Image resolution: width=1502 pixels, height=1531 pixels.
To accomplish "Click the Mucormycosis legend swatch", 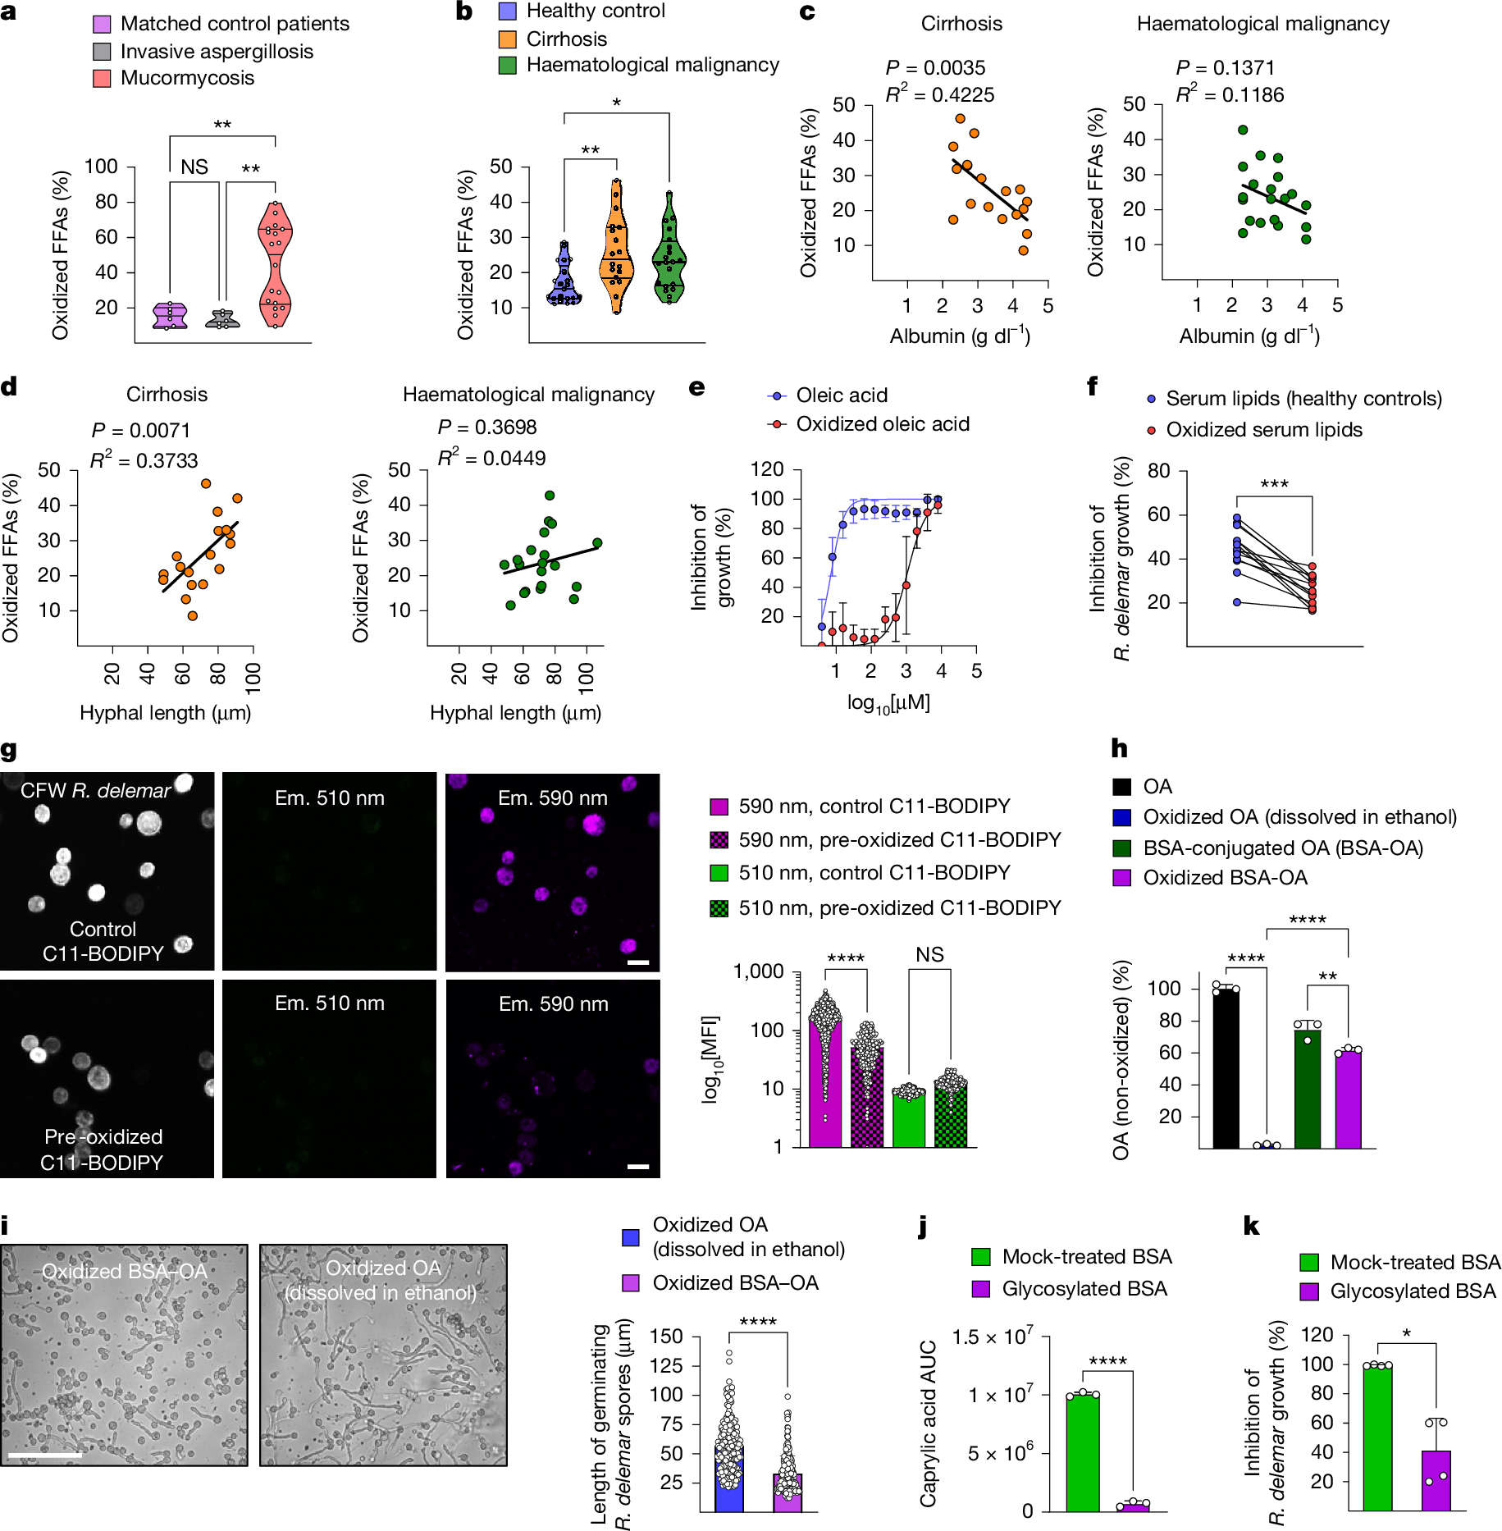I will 102,78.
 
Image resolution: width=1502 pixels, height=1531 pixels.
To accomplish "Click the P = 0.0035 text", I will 935,67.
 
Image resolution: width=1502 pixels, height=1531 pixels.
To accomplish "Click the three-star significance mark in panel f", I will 1274,484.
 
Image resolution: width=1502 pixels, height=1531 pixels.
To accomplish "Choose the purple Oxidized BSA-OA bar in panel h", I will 1348,1099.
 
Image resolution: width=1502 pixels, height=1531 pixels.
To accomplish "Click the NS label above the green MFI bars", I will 929,954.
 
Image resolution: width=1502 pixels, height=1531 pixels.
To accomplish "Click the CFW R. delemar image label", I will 95,791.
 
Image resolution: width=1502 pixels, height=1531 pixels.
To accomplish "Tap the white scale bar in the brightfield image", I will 45,1455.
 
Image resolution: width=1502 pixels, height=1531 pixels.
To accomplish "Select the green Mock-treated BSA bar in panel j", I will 1082,1451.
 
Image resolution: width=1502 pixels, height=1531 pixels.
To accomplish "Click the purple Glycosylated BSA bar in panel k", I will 1436,1480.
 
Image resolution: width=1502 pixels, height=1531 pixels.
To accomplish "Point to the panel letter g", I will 9,750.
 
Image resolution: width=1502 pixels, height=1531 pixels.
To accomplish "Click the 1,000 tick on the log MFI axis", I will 758,972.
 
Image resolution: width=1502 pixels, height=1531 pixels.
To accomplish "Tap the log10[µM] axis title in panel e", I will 888,703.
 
